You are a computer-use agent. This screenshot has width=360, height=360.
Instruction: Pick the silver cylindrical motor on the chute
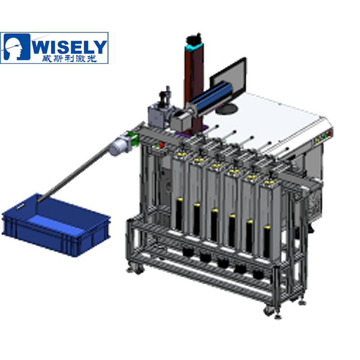[118, 146]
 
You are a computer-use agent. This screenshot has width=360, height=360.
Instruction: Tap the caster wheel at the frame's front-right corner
[269, 310]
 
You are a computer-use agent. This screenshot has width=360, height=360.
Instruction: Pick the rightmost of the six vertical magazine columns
[269, 216]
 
